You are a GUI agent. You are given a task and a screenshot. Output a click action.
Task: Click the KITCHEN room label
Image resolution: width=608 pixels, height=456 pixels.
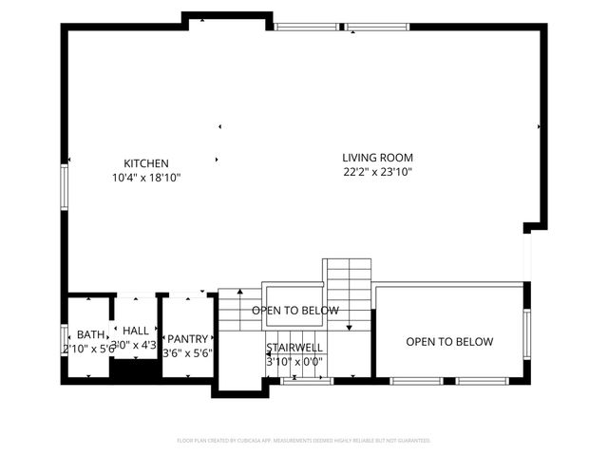coord(145,163)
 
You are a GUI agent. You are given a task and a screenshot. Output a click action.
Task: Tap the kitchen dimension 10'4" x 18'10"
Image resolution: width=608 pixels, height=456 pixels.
coord(145,178)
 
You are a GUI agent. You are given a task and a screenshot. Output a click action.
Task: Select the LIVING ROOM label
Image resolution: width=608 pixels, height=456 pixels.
coord(377,158)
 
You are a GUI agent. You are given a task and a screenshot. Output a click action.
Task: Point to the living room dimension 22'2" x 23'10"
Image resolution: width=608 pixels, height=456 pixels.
coord(377,172)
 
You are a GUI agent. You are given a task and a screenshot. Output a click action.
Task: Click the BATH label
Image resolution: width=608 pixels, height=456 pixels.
coord(90,334)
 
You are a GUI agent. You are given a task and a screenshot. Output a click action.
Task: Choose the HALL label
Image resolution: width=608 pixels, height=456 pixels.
coord(136,330)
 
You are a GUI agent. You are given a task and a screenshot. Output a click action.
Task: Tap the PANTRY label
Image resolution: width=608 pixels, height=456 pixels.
coord(187,338)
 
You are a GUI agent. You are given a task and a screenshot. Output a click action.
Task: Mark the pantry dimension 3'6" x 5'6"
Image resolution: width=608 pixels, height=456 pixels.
coord(187,352)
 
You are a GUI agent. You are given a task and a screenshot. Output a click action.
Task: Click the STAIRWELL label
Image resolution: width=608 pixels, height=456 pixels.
coord(294,348)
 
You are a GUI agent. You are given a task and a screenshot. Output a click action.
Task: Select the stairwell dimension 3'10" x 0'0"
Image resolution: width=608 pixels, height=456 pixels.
coord(294,361)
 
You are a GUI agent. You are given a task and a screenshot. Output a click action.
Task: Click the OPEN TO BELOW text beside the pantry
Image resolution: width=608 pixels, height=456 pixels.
coord(294,311)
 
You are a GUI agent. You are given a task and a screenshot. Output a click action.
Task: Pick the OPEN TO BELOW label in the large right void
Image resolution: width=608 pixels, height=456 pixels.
coord(449,342)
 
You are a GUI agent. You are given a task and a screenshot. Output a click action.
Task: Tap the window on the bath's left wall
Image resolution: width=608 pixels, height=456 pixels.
coord(65,338)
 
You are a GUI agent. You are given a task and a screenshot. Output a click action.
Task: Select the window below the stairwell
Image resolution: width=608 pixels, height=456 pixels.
coord(306,381)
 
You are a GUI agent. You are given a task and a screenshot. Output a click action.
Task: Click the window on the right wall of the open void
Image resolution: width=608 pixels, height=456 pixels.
coord(525,332)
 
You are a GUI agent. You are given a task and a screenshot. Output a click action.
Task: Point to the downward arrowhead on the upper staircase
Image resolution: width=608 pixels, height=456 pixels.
coord(349,328)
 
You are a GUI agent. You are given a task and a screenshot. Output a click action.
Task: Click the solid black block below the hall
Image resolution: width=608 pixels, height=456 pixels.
coord(132,371)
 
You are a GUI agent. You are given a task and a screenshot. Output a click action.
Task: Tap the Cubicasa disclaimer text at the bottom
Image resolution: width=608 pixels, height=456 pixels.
coord(304,441)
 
